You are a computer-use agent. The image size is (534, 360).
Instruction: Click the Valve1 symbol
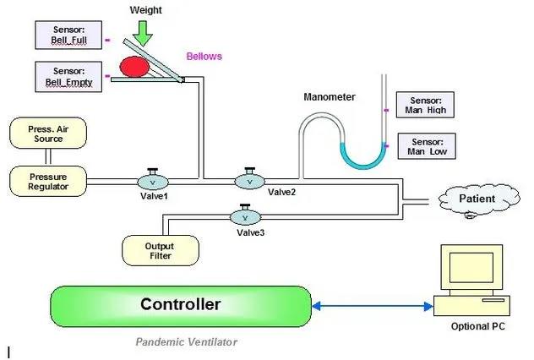tap(153, 181)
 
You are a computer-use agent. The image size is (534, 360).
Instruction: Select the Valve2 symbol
tap(249, 180)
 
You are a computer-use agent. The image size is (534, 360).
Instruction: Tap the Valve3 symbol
tap(245, 216)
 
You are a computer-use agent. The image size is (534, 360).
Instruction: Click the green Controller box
tap(181, 306)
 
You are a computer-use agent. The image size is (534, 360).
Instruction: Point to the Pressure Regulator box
tap(48, 181)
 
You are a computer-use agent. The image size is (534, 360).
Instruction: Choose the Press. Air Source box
tap(48, 134)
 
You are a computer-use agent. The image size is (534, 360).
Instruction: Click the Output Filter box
tap(161, 250)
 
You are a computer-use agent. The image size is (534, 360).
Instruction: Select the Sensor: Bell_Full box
tap(68, 35)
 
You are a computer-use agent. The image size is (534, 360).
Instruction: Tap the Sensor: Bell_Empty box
tap(68, 77)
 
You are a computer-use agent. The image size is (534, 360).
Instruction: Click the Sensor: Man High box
tap(425, 105)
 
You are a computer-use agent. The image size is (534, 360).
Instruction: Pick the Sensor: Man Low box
tap(427, 146)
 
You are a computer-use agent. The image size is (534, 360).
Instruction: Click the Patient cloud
tap(478, 199)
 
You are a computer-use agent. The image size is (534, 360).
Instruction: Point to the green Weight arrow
tap(143, 33)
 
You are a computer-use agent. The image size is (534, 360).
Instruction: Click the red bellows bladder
tap(134, 67)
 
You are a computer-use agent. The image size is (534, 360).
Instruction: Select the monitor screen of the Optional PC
tap(471, 268)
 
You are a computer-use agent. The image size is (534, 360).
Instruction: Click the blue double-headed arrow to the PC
tap(373, 306)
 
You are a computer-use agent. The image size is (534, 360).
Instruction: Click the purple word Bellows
tap(204, 56)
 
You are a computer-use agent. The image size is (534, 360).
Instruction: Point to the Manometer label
tap(330, 97)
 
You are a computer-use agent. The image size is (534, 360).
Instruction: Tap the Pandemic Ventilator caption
tap(186, 341)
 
